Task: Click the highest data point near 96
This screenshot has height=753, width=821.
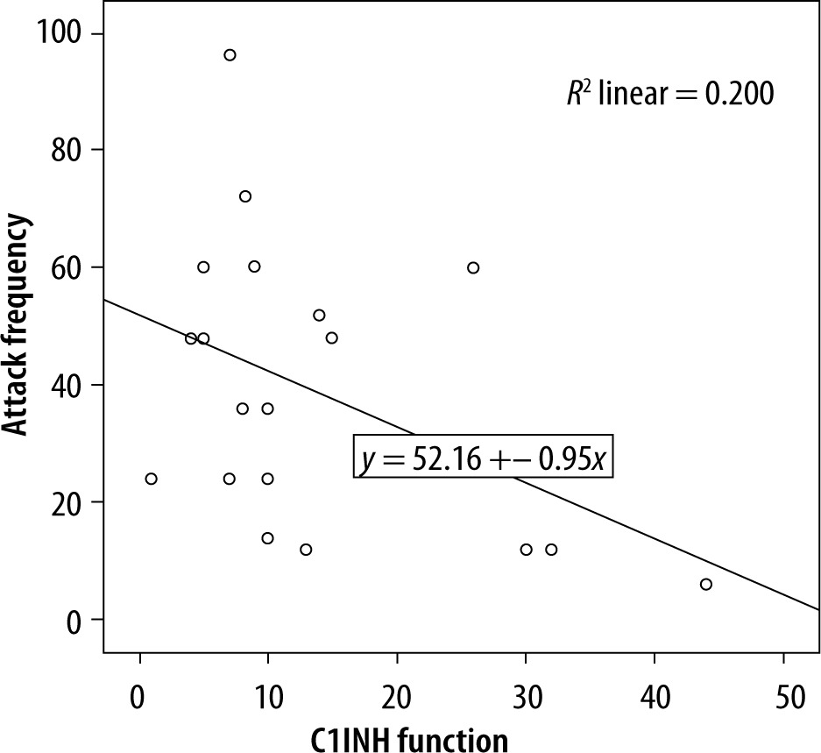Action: click(230, 55)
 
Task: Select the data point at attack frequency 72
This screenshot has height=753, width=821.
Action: click(245, 196)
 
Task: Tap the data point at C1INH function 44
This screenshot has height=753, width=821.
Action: click(706, 584)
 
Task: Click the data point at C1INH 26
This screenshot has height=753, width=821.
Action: click(473, 267)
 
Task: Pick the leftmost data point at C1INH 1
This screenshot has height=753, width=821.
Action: click(151, 479)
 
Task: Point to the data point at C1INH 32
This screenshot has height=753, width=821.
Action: click(551, 550)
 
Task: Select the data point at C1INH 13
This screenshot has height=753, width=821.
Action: click(306, 550)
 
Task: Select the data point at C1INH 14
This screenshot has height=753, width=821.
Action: click(319, 315)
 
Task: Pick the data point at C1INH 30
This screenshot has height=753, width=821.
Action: click(526, 550)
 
